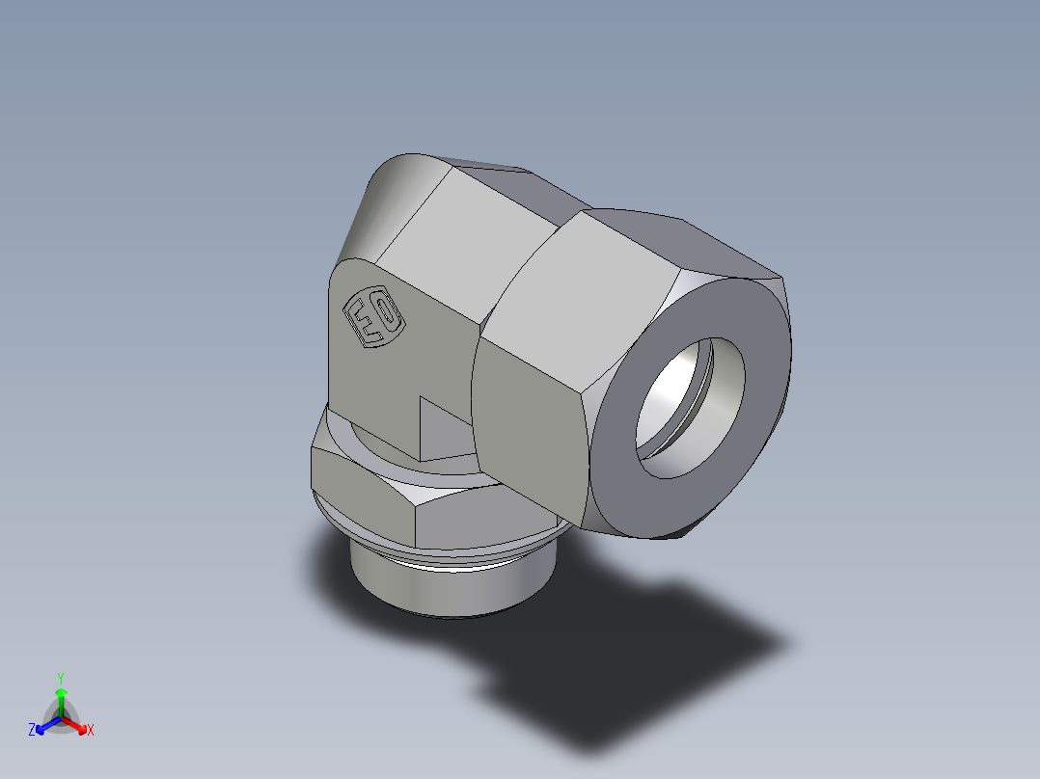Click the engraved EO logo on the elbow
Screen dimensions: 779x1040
(x=374, y=319)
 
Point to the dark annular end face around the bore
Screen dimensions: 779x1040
(x=627, y=482)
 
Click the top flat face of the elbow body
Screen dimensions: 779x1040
(x=463, y=231)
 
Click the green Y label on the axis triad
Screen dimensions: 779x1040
(x=61, y=678)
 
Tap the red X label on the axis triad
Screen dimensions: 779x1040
(x=91, y=731)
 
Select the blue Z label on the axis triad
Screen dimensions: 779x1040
(x=32, y=731)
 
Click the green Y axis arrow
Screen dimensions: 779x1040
(x=61, y=699)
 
